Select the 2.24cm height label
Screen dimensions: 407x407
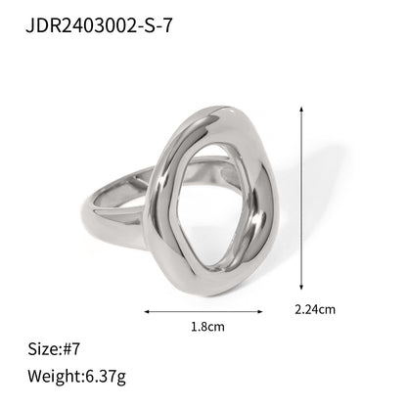(x=315, y=310)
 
